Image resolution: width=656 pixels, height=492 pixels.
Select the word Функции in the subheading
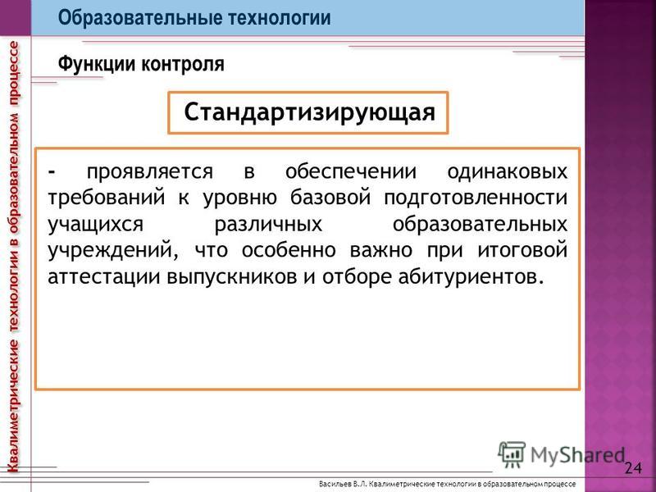coord(96,65)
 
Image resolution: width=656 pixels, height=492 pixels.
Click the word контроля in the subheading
coord(183,65)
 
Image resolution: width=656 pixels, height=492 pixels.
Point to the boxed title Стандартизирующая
coord(310,112)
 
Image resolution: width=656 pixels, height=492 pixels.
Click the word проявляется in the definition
coord(150,172)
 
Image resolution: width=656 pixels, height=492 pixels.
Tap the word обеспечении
coord(351,171)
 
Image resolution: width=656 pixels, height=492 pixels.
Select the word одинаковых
coord(507,171)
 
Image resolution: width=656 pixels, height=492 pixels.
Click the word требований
coord(107,198)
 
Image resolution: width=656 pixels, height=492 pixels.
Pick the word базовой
coord(330,198)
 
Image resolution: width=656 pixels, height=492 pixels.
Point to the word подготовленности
coord(476,198)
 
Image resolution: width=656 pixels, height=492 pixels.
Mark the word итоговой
coord(522,250)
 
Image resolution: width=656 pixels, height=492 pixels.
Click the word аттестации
coord(104,277)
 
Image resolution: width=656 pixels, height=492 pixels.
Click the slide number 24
coord(633,467)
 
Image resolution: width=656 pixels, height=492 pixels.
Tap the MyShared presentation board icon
coord(511,454)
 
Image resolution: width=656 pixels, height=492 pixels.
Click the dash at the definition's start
coord(52,172)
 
